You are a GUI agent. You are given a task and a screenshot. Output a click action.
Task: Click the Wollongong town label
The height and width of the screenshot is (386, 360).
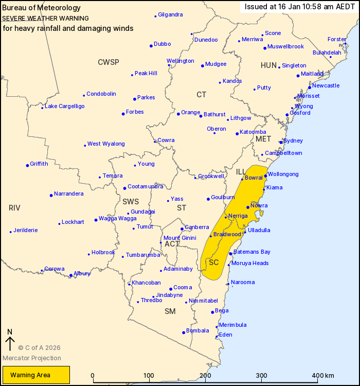point(283,174)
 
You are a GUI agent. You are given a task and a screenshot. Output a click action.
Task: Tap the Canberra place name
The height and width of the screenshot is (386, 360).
point(196,227)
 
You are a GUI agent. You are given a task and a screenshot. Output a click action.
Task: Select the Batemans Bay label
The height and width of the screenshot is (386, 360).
point(252,252)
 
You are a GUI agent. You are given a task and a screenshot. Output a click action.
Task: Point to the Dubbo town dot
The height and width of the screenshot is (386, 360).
point(151,46)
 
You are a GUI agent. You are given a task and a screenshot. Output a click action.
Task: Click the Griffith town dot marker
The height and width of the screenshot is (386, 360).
point(27,165)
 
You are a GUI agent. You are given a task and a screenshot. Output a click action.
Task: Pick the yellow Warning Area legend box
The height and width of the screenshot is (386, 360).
point(36,375)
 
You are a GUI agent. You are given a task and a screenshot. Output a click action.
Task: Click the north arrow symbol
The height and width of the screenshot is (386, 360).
point(9,340)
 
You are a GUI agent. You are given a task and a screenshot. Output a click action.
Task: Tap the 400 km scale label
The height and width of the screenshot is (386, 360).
point(323,375)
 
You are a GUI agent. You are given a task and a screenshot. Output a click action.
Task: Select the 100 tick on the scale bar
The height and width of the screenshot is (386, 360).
point(149,375)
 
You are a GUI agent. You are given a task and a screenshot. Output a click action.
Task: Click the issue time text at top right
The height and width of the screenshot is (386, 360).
point(299,6)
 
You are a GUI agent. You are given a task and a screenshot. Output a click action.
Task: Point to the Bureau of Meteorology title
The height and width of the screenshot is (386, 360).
point(42,8)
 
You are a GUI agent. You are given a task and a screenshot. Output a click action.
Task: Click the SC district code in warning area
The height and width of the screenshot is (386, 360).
point(214,262)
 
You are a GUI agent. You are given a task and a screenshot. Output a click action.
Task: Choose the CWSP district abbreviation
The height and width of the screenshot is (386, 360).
point(109,62)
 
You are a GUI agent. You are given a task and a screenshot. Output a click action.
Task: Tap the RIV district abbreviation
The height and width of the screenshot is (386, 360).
point(14,208)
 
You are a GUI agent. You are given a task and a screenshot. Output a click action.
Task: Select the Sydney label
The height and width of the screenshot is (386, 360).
point(293,141)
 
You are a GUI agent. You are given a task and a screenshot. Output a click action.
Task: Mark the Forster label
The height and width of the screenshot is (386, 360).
point(337,39)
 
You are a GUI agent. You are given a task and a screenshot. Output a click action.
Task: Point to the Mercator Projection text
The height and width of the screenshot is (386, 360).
point(32,358)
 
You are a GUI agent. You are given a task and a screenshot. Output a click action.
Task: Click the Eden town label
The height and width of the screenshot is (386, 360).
point(226,335)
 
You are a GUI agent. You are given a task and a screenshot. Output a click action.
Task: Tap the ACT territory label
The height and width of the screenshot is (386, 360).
point(172,243)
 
